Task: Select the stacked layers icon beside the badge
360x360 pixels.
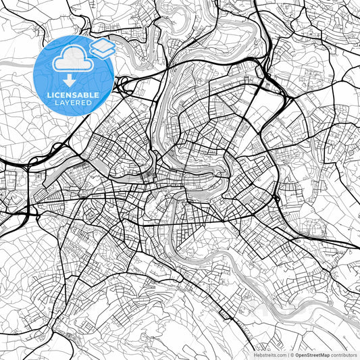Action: [103, 47]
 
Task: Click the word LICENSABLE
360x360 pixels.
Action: [73, 95]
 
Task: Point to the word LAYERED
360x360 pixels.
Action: [73, 104]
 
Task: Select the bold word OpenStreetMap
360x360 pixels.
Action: [315, 354]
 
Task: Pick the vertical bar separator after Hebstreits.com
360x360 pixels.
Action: [289, 354]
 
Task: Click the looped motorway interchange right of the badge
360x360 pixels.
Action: [124, 84]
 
